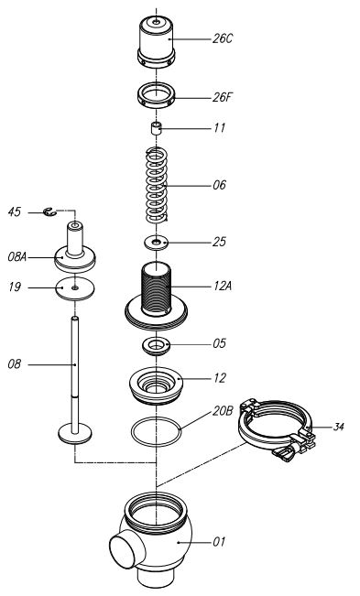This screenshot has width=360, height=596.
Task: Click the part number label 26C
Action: (223, 38)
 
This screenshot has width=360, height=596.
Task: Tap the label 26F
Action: (222, 97)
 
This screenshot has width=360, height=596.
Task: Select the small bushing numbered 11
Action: (156, 128)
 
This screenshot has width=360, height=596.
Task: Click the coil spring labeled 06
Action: (157, 185)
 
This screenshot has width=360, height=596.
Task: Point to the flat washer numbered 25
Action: (156, 242)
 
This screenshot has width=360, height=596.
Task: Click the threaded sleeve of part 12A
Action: (157, 289)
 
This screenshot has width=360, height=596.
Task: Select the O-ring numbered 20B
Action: (156, 431)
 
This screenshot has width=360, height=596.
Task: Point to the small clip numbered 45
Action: (49, 211)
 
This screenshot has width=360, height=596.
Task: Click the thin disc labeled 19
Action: (75, 289)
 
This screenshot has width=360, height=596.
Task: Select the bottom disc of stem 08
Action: (75, 433)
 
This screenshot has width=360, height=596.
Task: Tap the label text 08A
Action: (17, 257)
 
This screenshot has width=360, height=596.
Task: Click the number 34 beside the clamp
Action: (338, 427)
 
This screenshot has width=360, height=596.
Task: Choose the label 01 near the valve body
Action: (219, 541)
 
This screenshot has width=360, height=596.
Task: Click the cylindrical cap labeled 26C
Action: (157, 42)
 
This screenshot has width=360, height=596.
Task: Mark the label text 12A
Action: (223, 286)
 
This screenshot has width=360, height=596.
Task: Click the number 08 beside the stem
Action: (15, 364)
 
